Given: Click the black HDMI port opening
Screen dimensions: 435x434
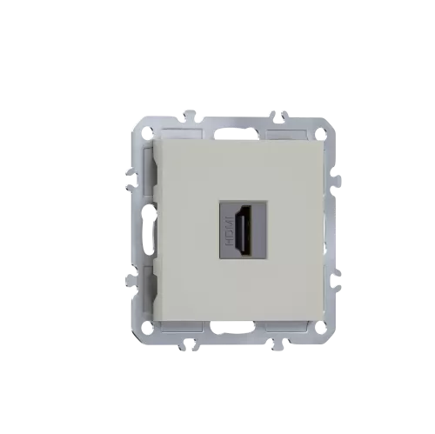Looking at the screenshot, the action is pyautogui.click(x=242, y=230).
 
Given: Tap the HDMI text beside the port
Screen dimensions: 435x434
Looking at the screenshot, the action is pyautogui.click(x=229, y=230).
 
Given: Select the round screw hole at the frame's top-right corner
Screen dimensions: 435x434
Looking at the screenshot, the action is pyautogui.click(x=321, y=131).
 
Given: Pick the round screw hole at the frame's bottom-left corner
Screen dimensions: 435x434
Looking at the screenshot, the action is pyautogui.click(x=147, y=327).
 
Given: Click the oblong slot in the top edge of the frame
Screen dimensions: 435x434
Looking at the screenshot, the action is pyautogui.click(x=236, y=134).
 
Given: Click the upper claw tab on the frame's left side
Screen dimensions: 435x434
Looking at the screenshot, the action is pyautogui.click(x=131, y=179).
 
